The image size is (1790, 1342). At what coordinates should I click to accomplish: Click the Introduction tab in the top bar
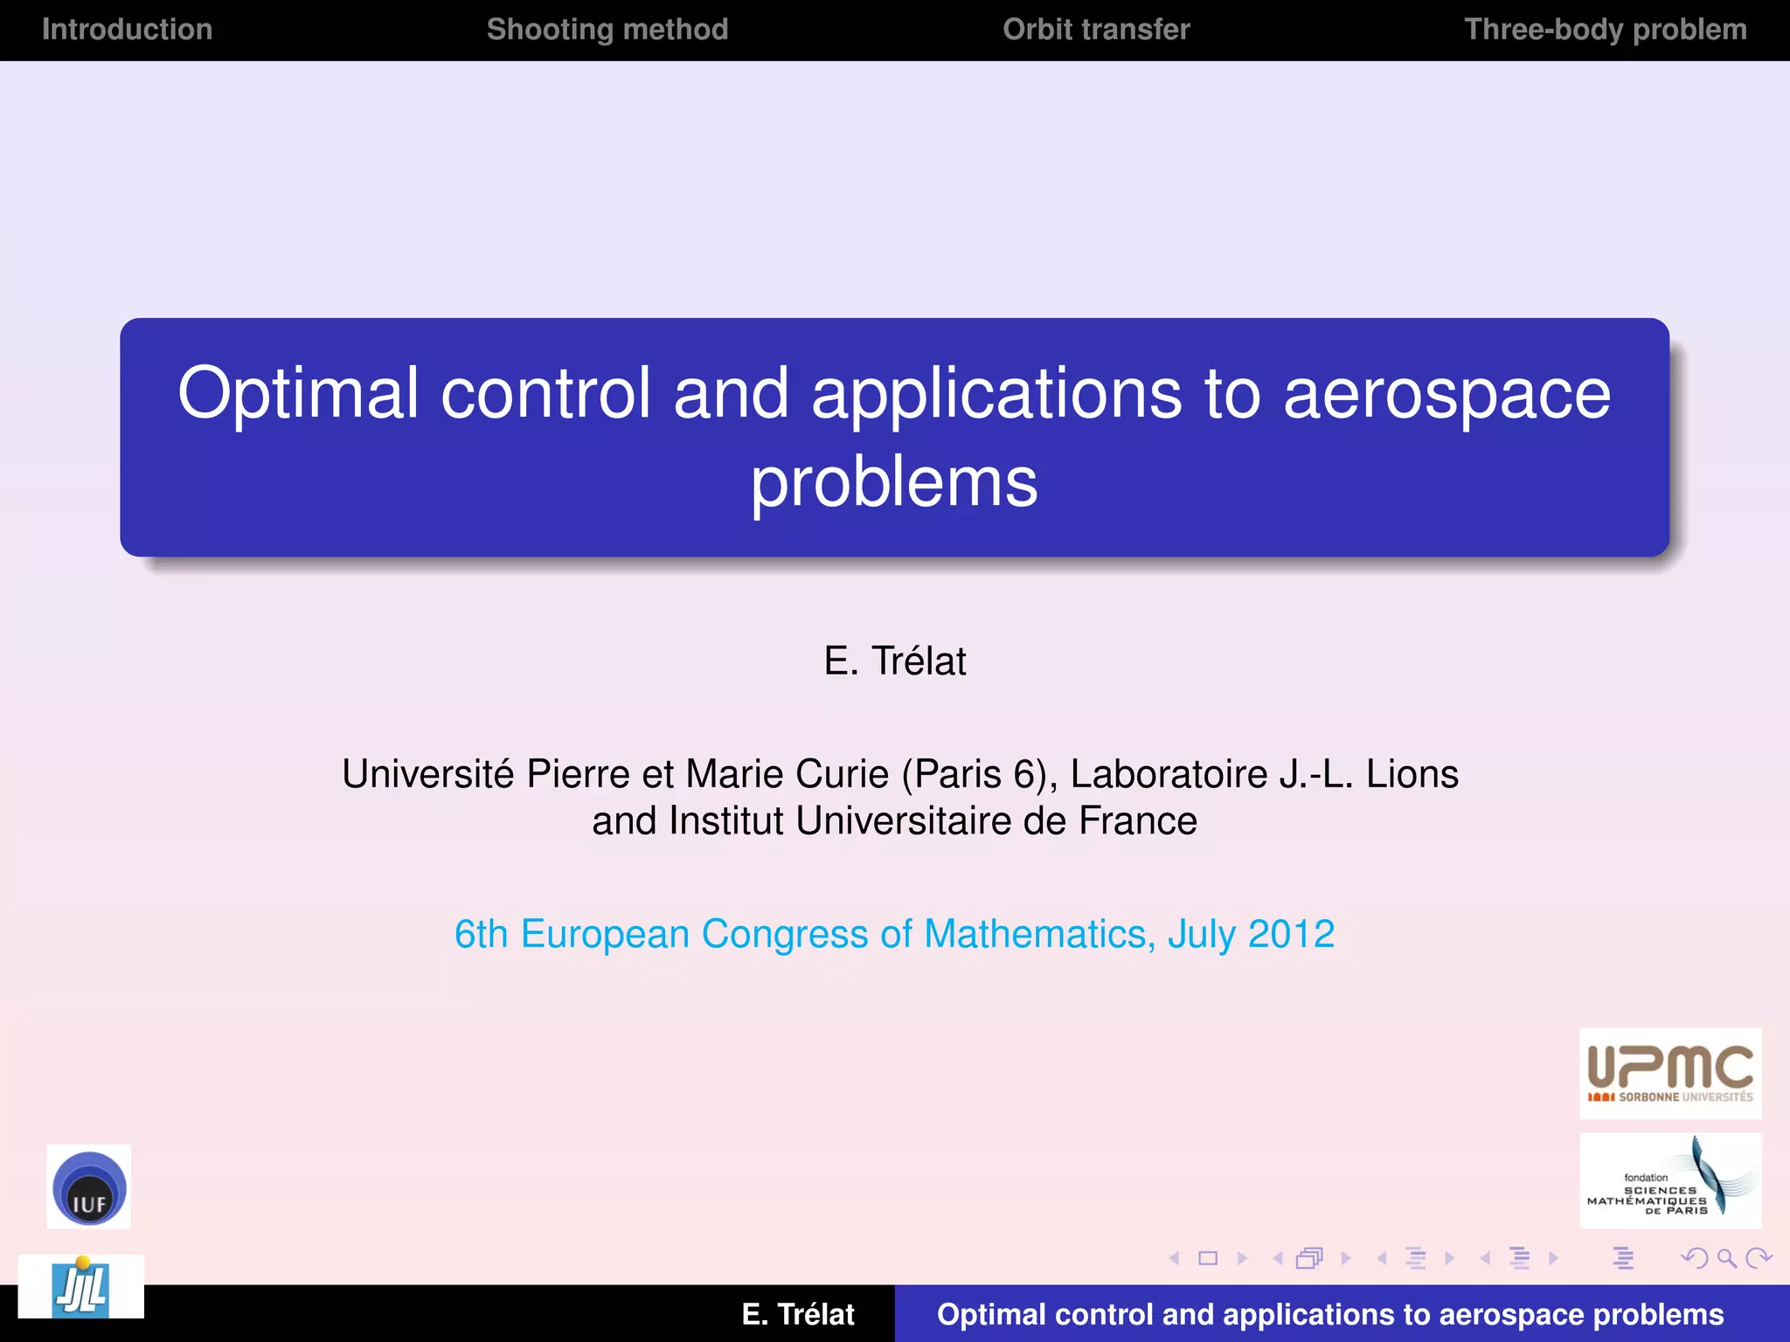point(127,30)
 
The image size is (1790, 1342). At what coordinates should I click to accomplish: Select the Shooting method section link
point(607,30)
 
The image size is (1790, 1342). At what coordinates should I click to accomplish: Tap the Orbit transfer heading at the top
point(1096,30)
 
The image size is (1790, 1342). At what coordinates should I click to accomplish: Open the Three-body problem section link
point(1605,30)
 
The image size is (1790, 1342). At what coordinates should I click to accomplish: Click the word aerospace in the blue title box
point(1447,394)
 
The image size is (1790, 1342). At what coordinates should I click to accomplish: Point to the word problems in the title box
point(894,482)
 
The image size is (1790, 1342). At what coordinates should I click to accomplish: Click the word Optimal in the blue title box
point(298,394)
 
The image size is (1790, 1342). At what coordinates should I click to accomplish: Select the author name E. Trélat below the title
point(894,661)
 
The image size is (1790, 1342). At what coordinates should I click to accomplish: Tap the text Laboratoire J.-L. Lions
point(1264,774)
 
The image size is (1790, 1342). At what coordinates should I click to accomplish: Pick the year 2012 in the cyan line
point(1291,934)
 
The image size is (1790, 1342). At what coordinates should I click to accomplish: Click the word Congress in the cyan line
point(785,934)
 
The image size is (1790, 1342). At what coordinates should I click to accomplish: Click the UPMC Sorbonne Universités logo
point(1669,1074)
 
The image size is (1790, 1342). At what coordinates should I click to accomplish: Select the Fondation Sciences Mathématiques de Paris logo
point(1669,1181)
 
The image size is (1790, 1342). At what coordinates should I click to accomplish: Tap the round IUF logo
point(88,1187)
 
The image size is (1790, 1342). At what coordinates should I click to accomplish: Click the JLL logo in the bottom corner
point(81,1287)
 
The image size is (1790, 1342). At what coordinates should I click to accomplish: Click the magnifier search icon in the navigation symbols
point(1726,1258)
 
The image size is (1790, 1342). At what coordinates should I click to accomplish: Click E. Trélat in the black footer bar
point(797,1314)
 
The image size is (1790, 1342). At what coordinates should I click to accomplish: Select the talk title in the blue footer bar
point(1329,1314)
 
